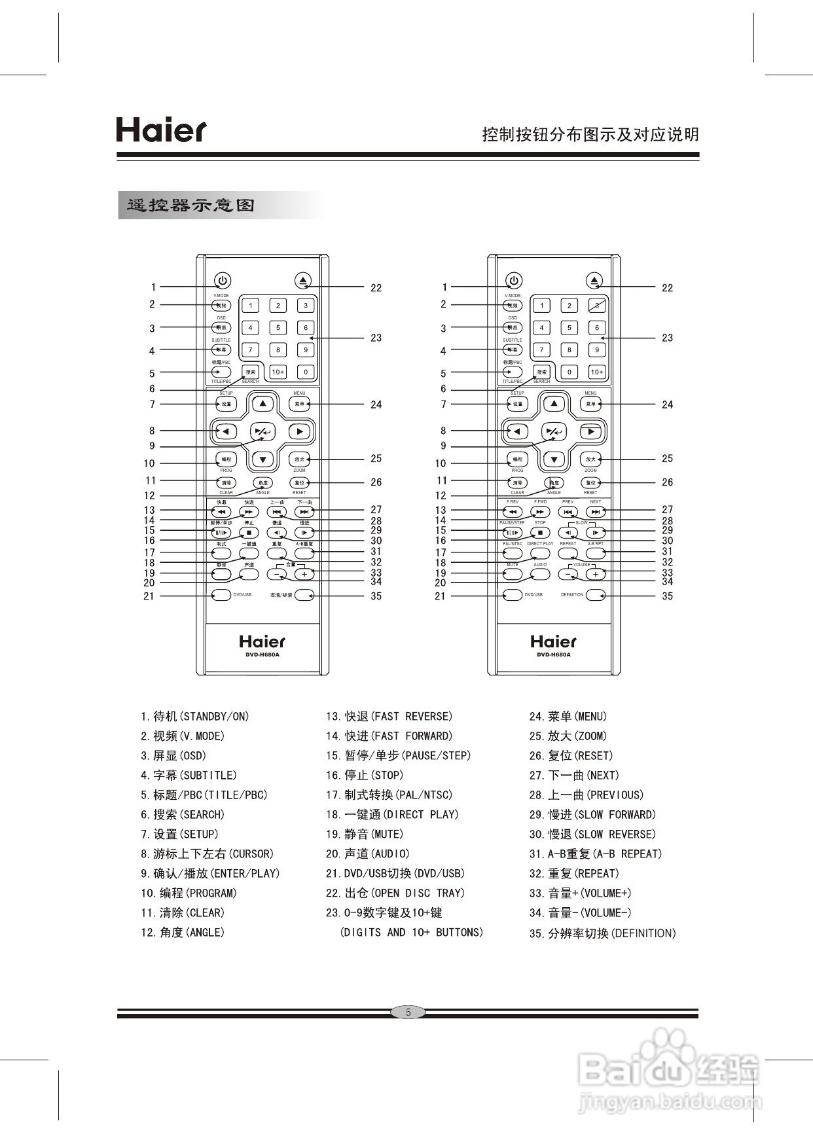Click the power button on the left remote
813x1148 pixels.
[x=223, y=281]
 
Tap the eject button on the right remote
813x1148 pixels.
[x=594, y=281]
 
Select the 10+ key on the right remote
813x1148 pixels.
[x=597, y=372]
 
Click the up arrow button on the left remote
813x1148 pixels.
[x=262, y=404]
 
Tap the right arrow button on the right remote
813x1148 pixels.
[x=591, y=431]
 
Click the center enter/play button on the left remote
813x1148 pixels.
[x=263, y=431]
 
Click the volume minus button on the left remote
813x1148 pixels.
[x=277, y=574]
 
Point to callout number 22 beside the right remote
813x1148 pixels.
[x=667, y=288]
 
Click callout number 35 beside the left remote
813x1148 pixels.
[x=376, y=596]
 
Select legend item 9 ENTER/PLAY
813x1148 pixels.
[x=209, y=874]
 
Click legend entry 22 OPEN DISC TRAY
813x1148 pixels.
[x=395, y=893]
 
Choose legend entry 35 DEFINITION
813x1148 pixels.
[x=602, y=933]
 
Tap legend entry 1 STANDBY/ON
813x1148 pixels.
[x=194, y=717]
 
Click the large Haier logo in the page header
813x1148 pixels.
[x=161, y=130]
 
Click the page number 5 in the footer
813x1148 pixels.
[x=408, y=1013]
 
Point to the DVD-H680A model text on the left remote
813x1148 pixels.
[x=262, y=655]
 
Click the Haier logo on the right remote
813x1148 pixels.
[x=554, y=641]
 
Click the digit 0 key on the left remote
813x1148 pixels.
[x=306, y=372]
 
